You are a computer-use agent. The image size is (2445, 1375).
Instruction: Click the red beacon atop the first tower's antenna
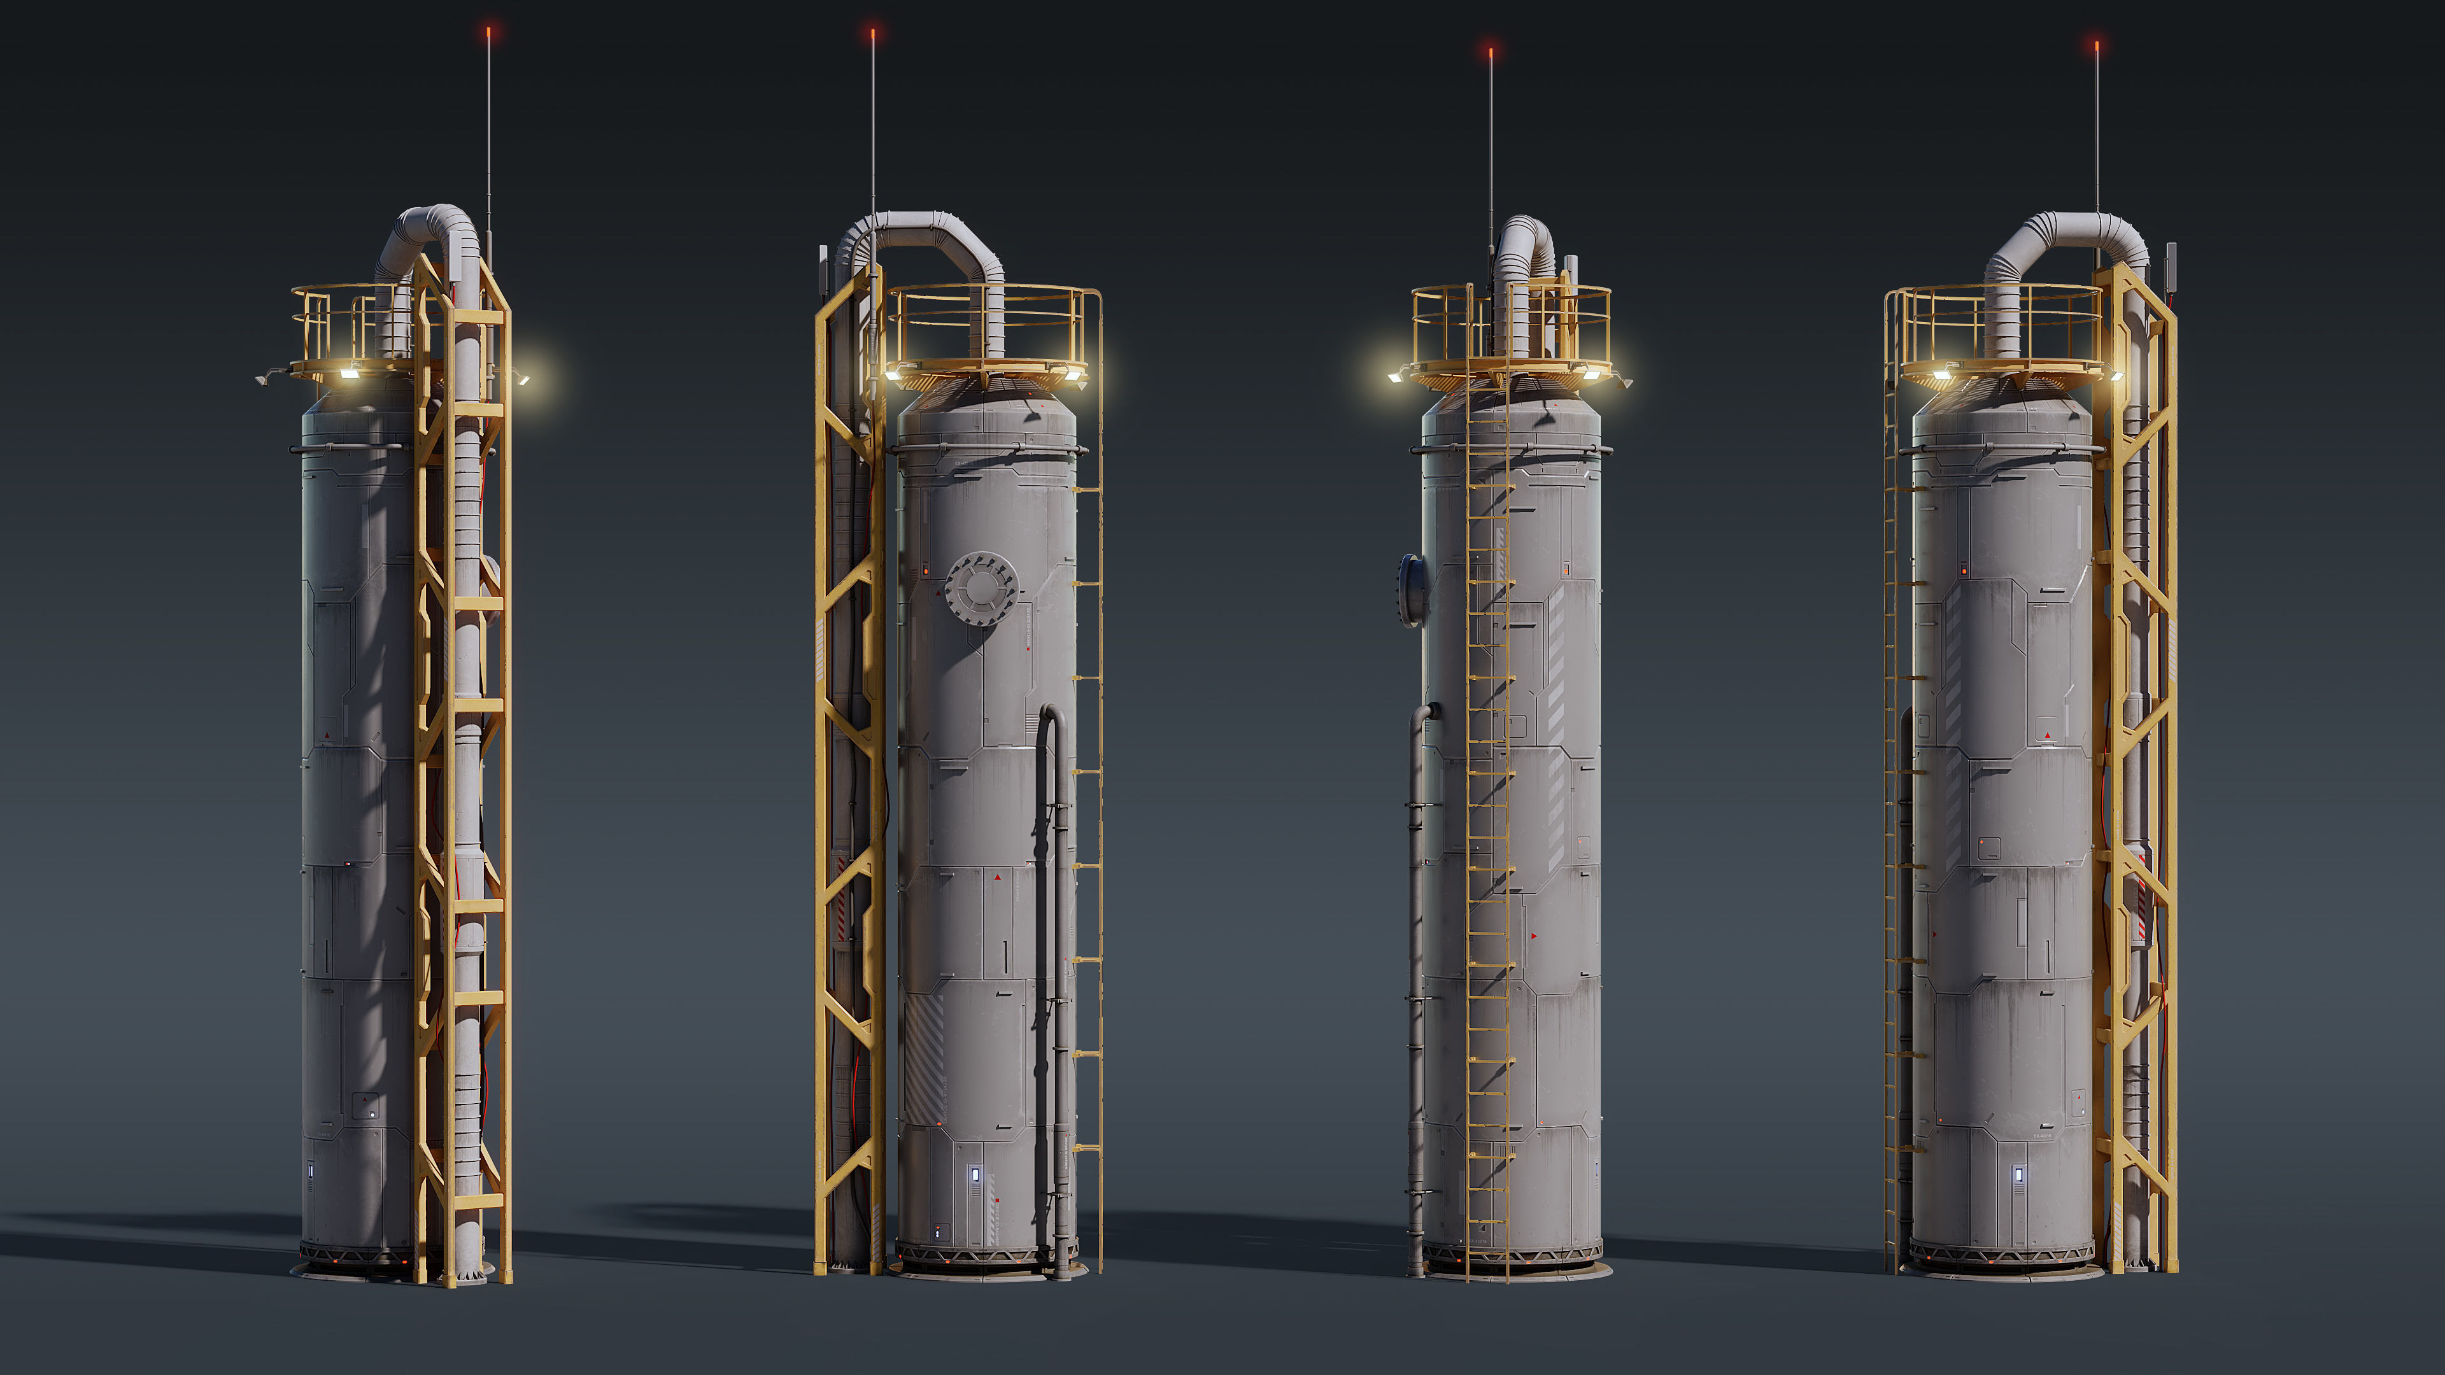point(489,31)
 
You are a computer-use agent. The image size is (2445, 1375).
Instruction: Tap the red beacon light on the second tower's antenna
point(873,33)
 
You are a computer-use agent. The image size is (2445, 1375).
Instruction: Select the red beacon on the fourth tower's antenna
point(2097,45)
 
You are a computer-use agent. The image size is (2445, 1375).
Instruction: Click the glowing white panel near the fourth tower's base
point(2019,1176)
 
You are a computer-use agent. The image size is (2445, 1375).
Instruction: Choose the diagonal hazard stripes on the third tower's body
point(1557,664)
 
